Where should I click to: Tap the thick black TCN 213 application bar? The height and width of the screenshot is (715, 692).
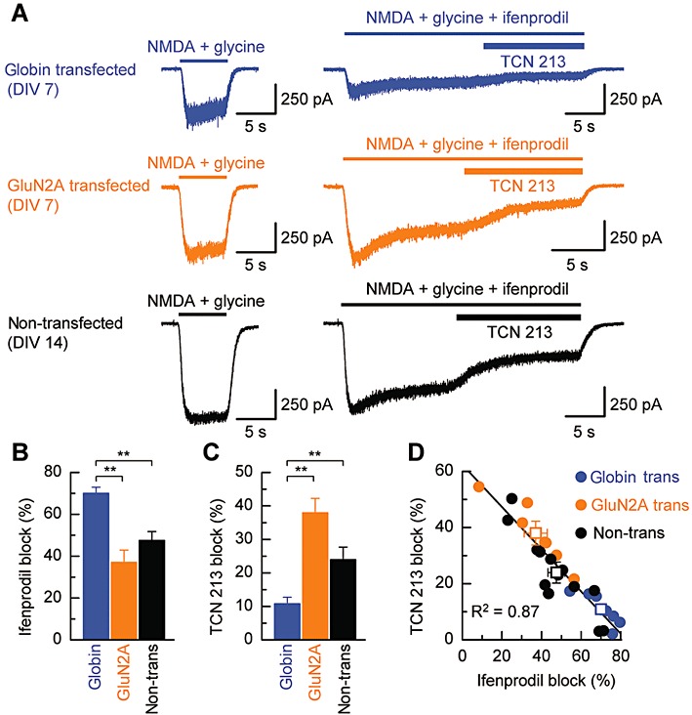click(x=517, y=315)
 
